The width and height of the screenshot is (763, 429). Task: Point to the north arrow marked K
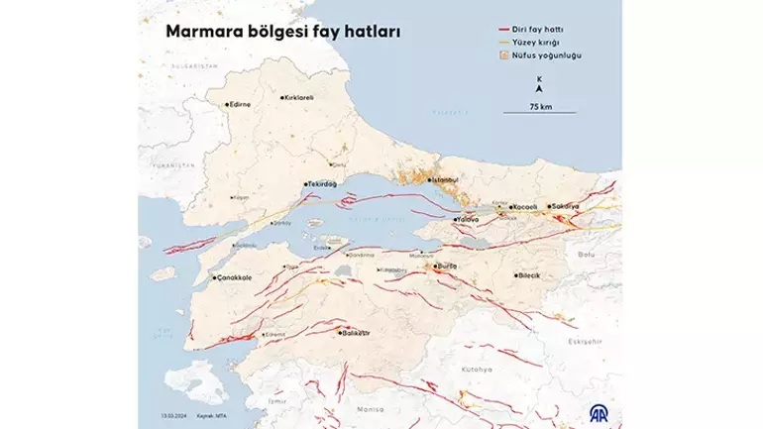538,85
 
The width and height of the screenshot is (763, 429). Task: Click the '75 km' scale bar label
540,105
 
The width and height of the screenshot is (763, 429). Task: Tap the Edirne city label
241,104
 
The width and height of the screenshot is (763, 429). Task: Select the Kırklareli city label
298,97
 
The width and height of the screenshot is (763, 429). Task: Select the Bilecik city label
529,275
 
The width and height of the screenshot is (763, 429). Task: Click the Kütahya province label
477,369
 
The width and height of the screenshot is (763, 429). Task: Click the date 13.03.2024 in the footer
176,416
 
